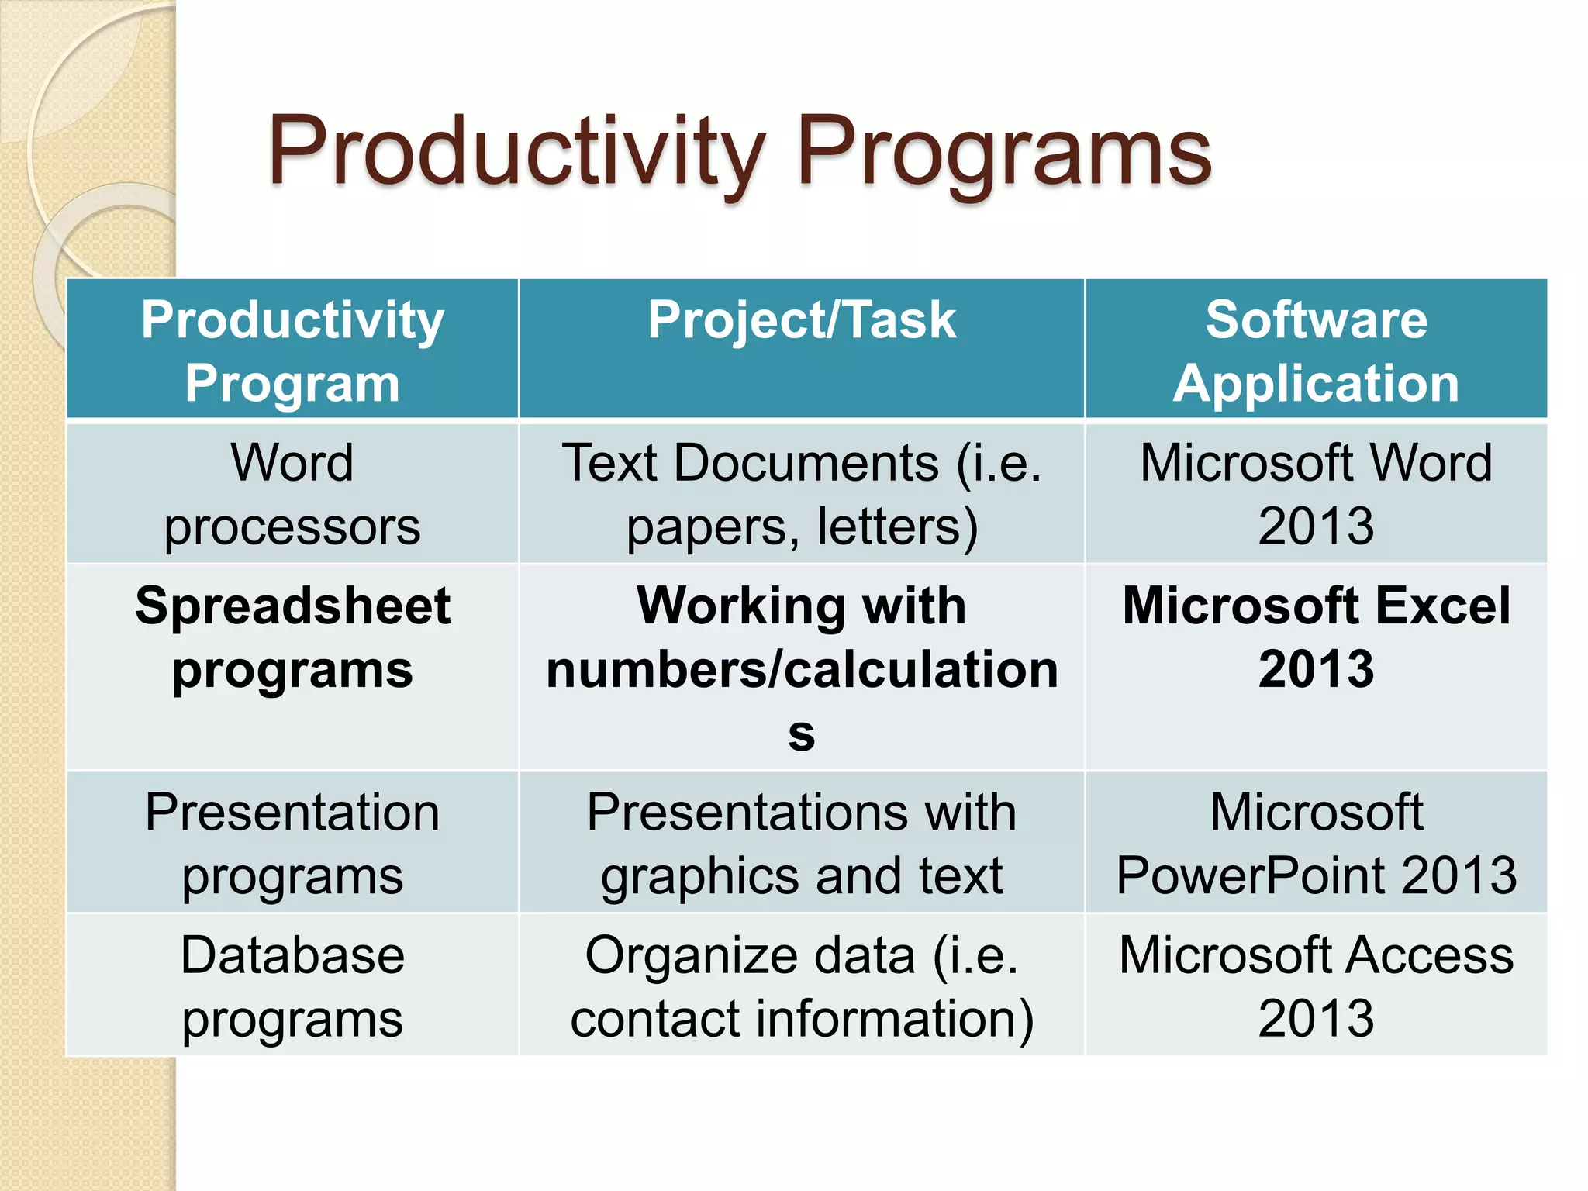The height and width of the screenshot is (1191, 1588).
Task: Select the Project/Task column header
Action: click(x=801, y=320)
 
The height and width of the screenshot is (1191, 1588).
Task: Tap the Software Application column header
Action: click(x=1316, y=350)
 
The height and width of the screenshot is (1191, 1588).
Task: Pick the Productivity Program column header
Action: click(x=292, y=350)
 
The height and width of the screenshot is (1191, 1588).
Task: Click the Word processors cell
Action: click(x=292, y=494)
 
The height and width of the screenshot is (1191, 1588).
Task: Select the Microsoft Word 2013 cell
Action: click(x=1316, y=494)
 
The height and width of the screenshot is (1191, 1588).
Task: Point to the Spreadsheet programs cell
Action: click(x=292, y=637)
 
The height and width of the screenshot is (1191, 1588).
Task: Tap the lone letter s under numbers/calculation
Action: click(x=801, y=734)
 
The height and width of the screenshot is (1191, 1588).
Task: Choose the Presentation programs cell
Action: click(x=292, y=844)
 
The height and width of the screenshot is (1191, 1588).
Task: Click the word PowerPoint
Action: click(x=1250, y=876)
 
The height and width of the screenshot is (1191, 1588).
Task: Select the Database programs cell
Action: click(x=292, y=986)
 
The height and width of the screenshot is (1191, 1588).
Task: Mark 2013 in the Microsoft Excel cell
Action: click(x=1316, y=669)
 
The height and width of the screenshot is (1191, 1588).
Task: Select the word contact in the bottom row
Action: click(x=655, y=1019)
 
